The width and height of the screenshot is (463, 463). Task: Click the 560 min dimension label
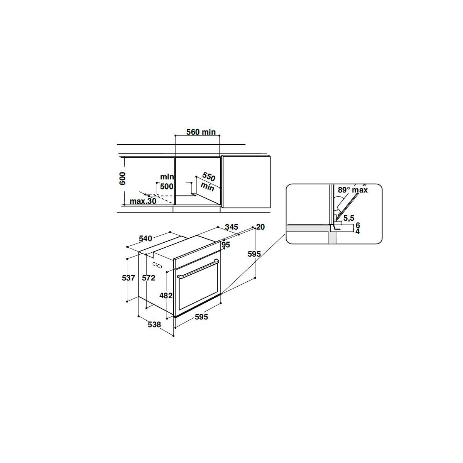click(201, 132)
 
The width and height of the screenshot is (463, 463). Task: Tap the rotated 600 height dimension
click(122, 179)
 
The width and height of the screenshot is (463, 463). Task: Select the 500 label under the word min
click(167, 186)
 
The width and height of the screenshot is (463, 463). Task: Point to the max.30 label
click(143, 201)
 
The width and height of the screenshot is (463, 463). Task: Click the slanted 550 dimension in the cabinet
click(208, 177)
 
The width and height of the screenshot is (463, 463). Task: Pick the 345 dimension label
click(231, 227)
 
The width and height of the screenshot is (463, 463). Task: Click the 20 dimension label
click(260, 227)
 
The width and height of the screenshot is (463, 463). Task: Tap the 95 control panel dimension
click(226, 245)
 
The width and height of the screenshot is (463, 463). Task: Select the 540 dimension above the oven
click(145, 238)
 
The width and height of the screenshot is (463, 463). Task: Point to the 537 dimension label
click(128, 278)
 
